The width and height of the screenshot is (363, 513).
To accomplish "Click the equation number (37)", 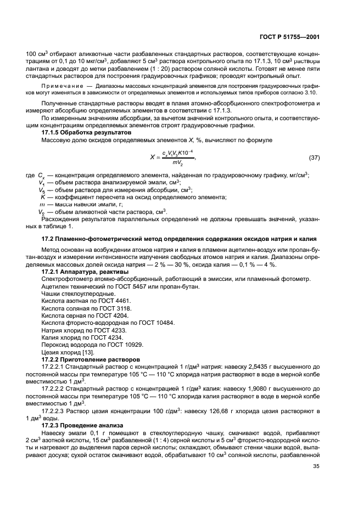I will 315,158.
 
